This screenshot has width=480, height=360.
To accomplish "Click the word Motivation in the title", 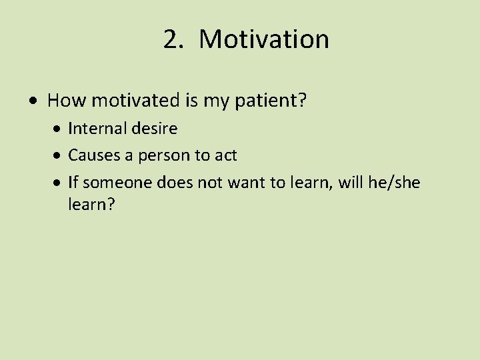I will pyautogui.click(x=264, y=39).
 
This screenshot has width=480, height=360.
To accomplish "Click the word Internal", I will pyautogui.click(x=92, y=128).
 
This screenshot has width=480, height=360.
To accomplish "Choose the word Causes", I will pyautogui.click(x=90, y=155).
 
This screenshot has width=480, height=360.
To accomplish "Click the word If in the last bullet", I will pyautogui.click(x=73, y=183).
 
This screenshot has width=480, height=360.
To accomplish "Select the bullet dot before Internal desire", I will pyautogui.click(x=59, y=129).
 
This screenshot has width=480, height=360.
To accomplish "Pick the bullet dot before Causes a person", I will pyautogui.click(x=59, y=156).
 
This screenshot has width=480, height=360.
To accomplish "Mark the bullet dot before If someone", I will pyautogui.click(x=59, y=183).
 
